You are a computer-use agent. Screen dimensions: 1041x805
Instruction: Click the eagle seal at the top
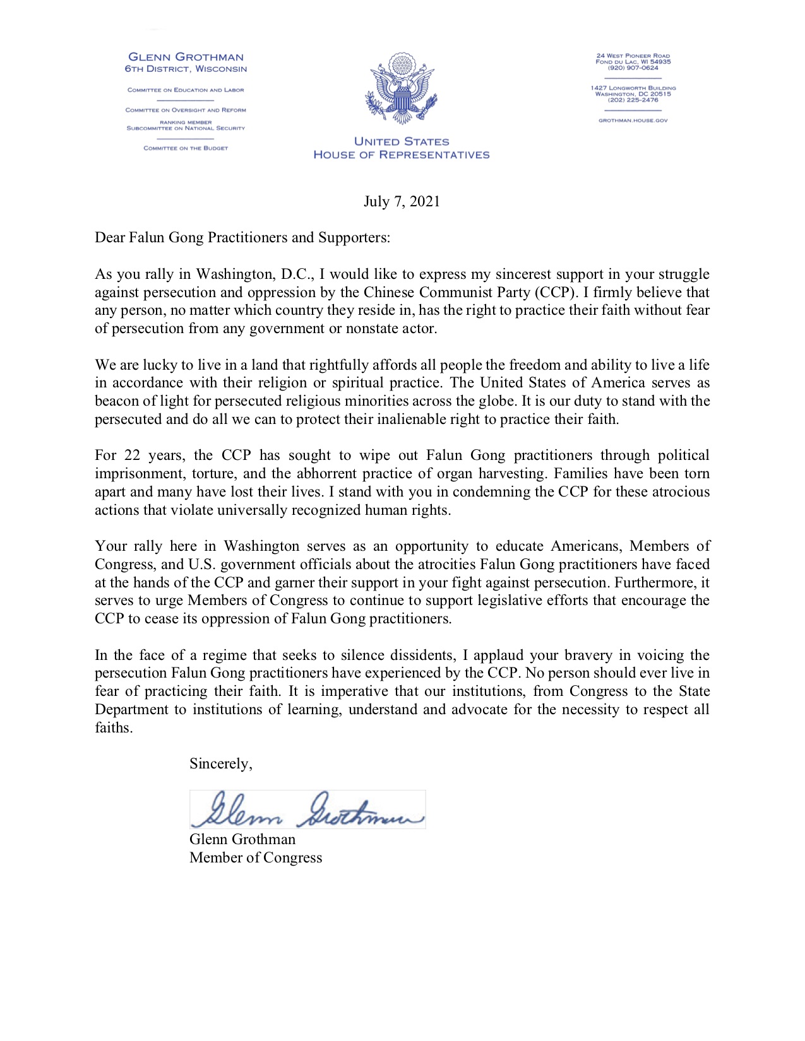[x=402, y=89]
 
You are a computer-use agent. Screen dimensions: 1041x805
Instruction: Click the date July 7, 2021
[x=402, y=202]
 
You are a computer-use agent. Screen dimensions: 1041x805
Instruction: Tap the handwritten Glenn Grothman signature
[x=307, y=809]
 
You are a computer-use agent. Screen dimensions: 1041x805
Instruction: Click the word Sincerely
[x=220, y=764]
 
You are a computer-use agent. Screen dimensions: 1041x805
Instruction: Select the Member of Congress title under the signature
[x=256, y=858]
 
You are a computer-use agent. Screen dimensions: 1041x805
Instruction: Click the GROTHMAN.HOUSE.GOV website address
[x=633, y=121]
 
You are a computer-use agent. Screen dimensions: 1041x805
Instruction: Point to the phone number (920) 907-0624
[x=633, y=68]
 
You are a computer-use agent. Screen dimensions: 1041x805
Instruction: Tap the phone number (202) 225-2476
[x=633, y=100]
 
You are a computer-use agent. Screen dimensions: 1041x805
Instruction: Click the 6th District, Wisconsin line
[x=186, y=69]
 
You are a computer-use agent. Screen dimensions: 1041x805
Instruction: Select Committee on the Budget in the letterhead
[x=186, y=148]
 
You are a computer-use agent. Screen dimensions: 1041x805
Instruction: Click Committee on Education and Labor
[x=186, y=90]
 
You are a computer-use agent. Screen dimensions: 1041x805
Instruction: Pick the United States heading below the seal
[x=402, y=142]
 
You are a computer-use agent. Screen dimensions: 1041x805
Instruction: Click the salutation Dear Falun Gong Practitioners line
[x=242, y=238]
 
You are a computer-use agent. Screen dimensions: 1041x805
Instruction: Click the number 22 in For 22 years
[x=132, y=456]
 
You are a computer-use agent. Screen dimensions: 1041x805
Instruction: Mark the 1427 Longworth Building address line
[x=633, y=88]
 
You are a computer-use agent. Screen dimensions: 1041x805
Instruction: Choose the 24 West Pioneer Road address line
[x=633, y=56]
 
